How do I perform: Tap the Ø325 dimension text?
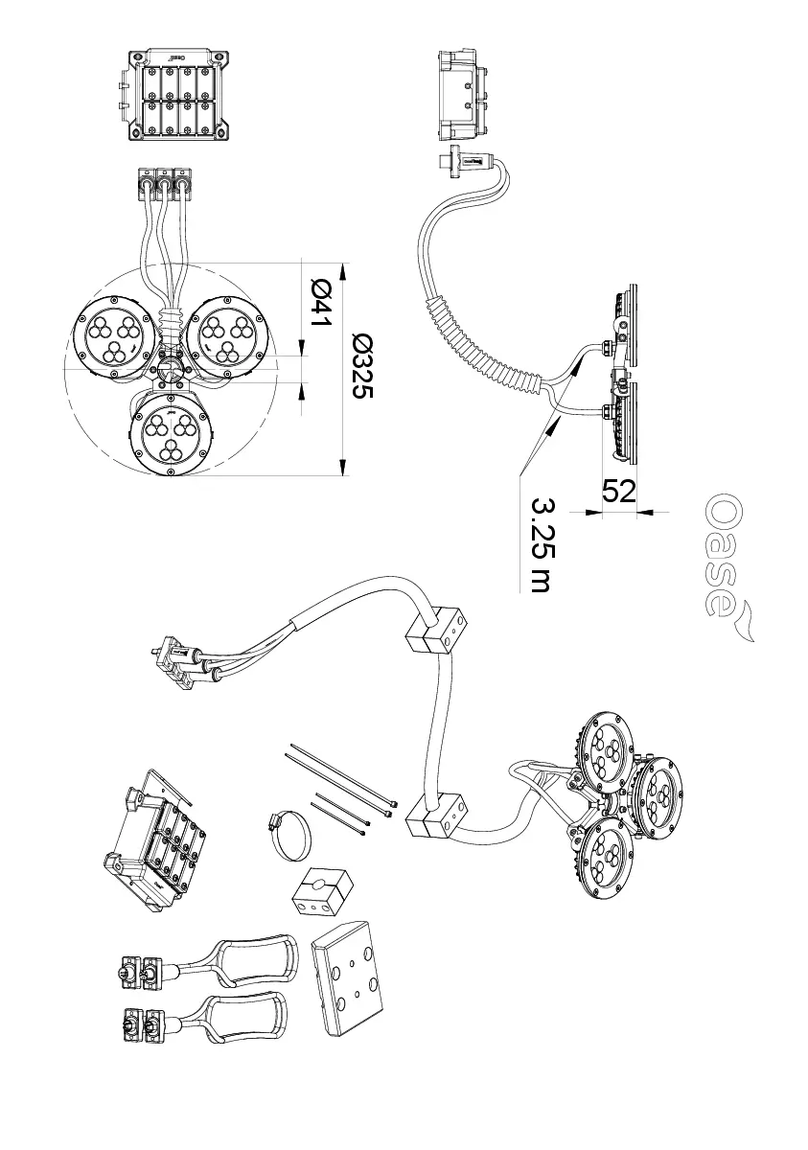coord(362,364)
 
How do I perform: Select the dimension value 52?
coord(618,491)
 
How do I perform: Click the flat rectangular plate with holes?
coord(349,968)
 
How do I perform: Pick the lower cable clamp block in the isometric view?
coord(436,816)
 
